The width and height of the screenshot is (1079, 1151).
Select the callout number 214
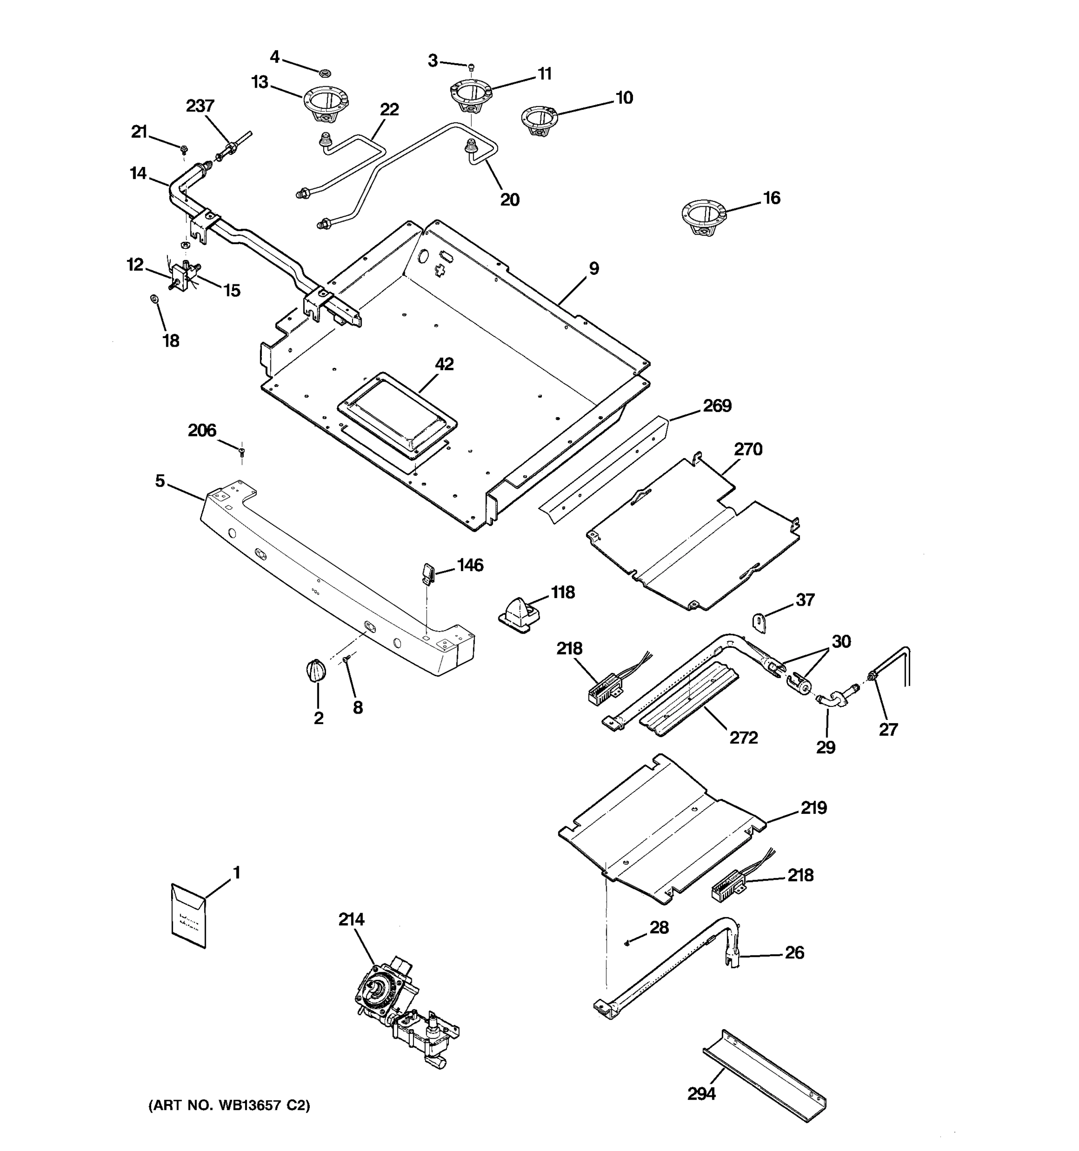352,919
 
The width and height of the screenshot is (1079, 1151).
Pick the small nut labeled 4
325,73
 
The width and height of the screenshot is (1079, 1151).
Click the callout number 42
444,364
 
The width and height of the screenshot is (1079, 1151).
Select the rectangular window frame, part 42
397,413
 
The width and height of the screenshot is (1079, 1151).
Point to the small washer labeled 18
154,298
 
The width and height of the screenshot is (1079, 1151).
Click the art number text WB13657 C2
229,1106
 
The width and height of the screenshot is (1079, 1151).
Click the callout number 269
717,406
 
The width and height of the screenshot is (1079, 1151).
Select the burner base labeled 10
539,120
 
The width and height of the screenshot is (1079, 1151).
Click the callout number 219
813,808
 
